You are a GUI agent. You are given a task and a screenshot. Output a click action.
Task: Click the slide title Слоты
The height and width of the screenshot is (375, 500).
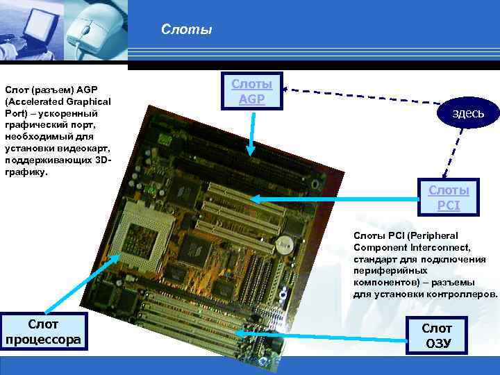click(x=186, y=30)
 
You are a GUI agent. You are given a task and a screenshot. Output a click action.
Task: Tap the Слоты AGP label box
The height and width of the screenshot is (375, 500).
click(x=251, y=92)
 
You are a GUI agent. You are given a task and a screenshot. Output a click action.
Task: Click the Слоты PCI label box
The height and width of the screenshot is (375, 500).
click(x=448, y=197)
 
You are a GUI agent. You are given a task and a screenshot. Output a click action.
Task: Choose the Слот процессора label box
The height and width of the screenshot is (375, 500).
click(x=43, y=331)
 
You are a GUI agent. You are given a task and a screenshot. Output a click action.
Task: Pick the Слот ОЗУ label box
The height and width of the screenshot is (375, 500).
click(x=437, y=336)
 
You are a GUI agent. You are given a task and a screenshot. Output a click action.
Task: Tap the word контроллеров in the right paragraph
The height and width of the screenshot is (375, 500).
click(x=464, y=294)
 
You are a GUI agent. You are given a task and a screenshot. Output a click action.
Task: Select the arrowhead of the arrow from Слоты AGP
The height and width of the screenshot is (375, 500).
click(x=251, y=149)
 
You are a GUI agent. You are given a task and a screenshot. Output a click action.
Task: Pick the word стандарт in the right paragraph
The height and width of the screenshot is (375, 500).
click(x=374, y=258)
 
